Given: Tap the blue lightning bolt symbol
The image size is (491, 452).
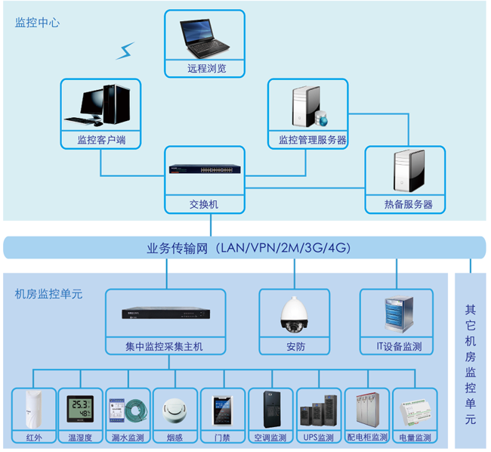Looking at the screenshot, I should [x=124, y=51].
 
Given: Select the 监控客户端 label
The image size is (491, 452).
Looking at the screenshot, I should [x=100, y=140].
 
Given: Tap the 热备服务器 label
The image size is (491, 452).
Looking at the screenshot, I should [x=406, y=204].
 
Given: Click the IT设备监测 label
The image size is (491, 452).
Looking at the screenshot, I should [x=399, y=347].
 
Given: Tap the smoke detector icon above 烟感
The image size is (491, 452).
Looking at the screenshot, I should [x=174, y=409].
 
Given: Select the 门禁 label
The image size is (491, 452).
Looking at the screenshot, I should [x=222, y=438].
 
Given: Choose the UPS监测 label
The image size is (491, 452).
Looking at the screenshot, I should [x=318, y=438].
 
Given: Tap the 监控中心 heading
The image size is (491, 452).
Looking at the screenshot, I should [x=37, y=23].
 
